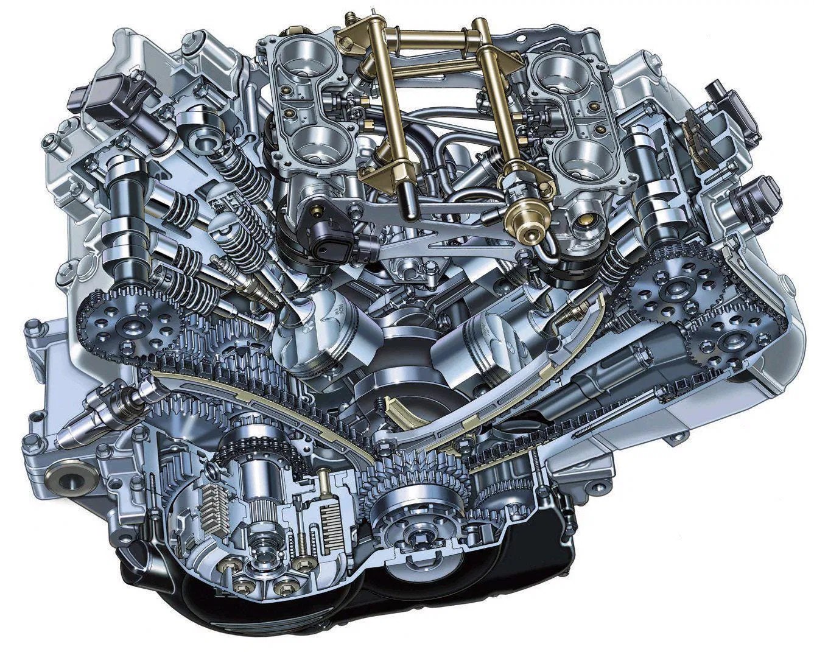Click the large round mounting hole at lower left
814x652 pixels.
[68, 479]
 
